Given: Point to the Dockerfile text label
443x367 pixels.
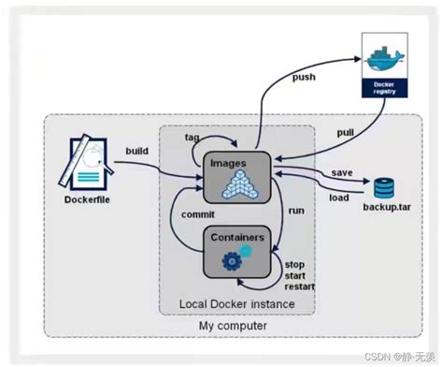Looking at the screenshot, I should pyautogui.click(x=89, y=200).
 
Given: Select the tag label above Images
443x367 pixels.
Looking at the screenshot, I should pyautogui.click(x=192, y=138).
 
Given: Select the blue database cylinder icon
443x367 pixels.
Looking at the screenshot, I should pyautogui.click(x=384, y=185).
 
